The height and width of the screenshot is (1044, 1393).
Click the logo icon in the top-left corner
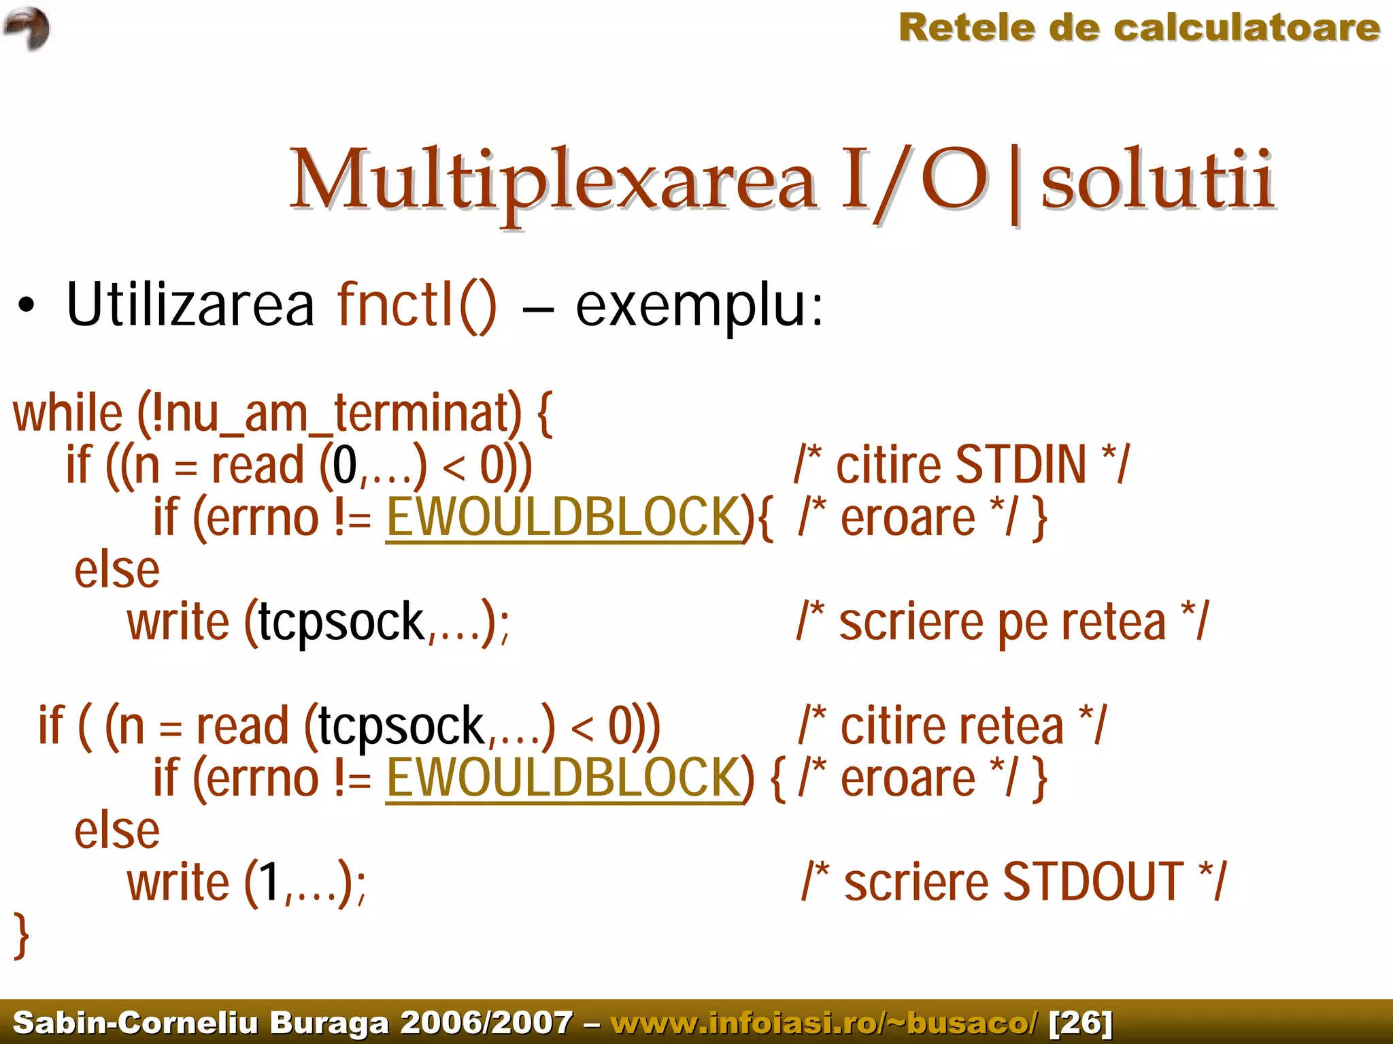coord(27,29)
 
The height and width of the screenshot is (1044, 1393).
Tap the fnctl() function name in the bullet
coord(417,305)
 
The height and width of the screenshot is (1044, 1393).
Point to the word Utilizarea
coord(190,305)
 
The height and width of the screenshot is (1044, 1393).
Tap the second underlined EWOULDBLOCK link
coord(564,779)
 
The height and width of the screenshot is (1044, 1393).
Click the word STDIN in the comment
coord(1020,466)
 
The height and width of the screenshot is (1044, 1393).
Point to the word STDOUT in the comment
coord(1092,883)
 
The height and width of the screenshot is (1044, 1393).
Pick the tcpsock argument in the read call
coord(401,727)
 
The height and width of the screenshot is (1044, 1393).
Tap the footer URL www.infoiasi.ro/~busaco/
coord(824,1023)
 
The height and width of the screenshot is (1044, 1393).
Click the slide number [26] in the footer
coord(1081,1023)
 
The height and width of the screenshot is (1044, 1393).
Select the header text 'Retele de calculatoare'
coord(1139,29)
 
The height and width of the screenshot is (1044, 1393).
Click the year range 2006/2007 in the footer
coord(486,1023)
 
